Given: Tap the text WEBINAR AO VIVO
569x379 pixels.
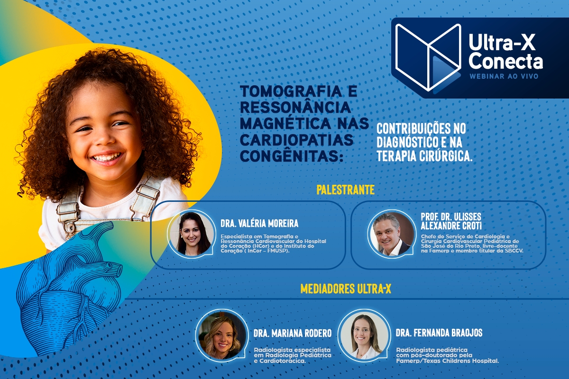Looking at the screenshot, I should [504, 76].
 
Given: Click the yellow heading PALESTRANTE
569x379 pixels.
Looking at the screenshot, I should [345, 190].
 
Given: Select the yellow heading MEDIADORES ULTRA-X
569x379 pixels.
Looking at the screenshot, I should [346, 289].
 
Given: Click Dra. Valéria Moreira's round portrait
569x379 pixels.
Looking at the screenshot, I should [192, 234].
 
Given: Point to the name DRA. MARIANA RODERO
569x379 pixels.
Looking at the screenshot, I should [292, 333].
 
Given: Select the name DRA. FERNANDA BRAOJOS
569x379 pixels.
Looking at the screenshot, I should [439, 333].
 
